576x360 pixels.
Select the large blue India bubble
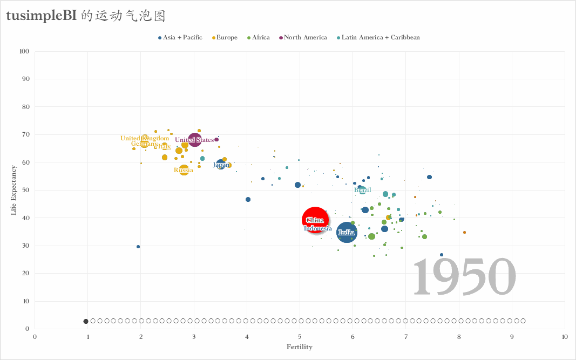coord(347,233)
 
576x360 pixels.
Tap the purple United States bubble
coord(194,140)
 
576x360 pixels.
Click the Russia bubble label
coord(184,171)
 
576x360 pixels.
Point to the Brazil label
coord(363,190)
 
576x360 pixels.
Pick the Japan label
coord(221,165)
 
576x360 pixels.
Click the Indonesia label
coord(318,228)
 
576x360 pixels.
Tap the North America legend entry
coord(305,38)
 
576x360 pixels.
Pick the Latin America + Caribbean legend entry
coord(381,38)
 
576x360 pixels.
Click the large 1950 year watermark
coord(465,276)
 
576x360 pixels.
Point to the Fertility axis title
coord(300,347)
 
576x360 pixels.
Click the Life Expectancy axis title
coord(15,190)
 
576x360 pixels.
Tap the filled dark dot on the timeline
coord(86,321)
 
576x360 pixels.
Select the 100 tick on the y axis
coord(24,52)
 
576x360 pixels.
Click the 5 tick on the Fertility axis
coord(300,336)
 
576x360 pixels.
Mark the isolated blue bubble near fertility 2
coord(138,247)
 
